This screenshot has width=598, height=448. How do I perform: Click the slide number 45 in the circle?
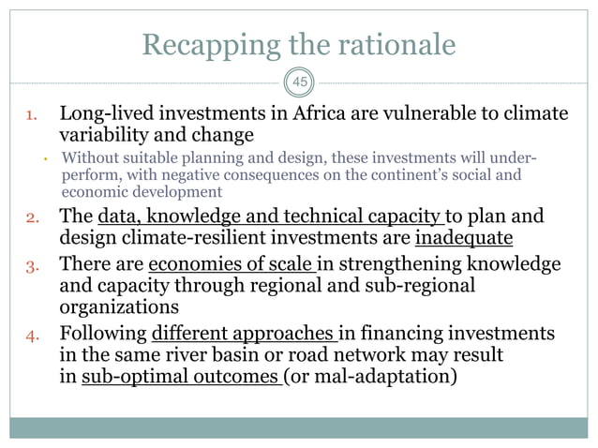point(299,82)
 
